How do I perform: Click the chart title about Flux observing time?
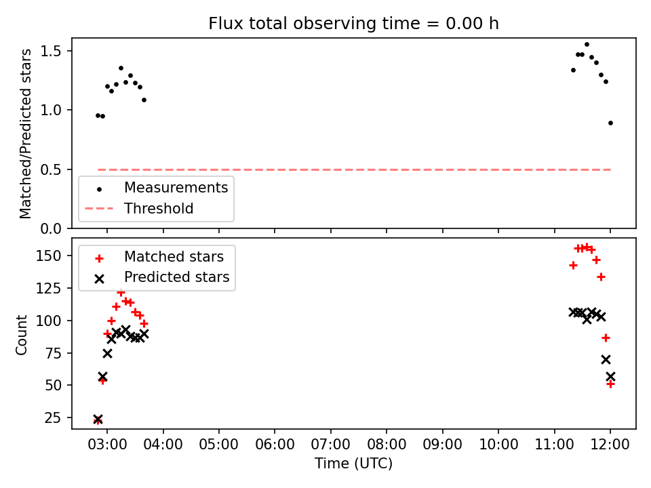[353, 24]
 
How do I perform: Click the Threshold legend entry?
[139, 208]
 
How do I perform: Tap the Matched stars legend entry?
[159, 257]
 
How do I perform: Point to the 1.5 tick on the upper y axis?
[51, 51]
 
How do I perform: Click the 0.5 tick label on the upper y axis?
[51, 169]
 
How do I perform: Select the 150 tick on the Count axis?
[49, 256]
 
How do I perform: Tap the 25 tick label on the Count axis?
[53, 418]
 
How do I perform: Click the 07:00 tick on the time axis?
[330, 445]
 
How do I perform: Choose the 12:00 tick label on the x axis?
[610, 445]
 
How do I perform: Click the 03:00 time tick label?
[107, 445]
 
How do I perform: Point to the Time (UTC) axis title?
[353, 464]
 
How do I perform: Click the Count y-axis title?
[21, 335]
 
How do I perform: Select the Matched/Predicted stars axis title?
[25, 134]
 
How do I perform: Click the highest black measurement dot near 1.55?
[587, 45]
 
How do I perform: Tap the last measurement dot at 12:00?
[610, 123]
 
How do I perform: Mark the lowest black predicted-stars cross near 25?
[98, 419]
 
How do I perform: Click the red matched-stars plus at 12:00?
[610, 384]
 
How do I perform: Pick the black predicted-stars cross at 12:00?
[610, 376]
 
